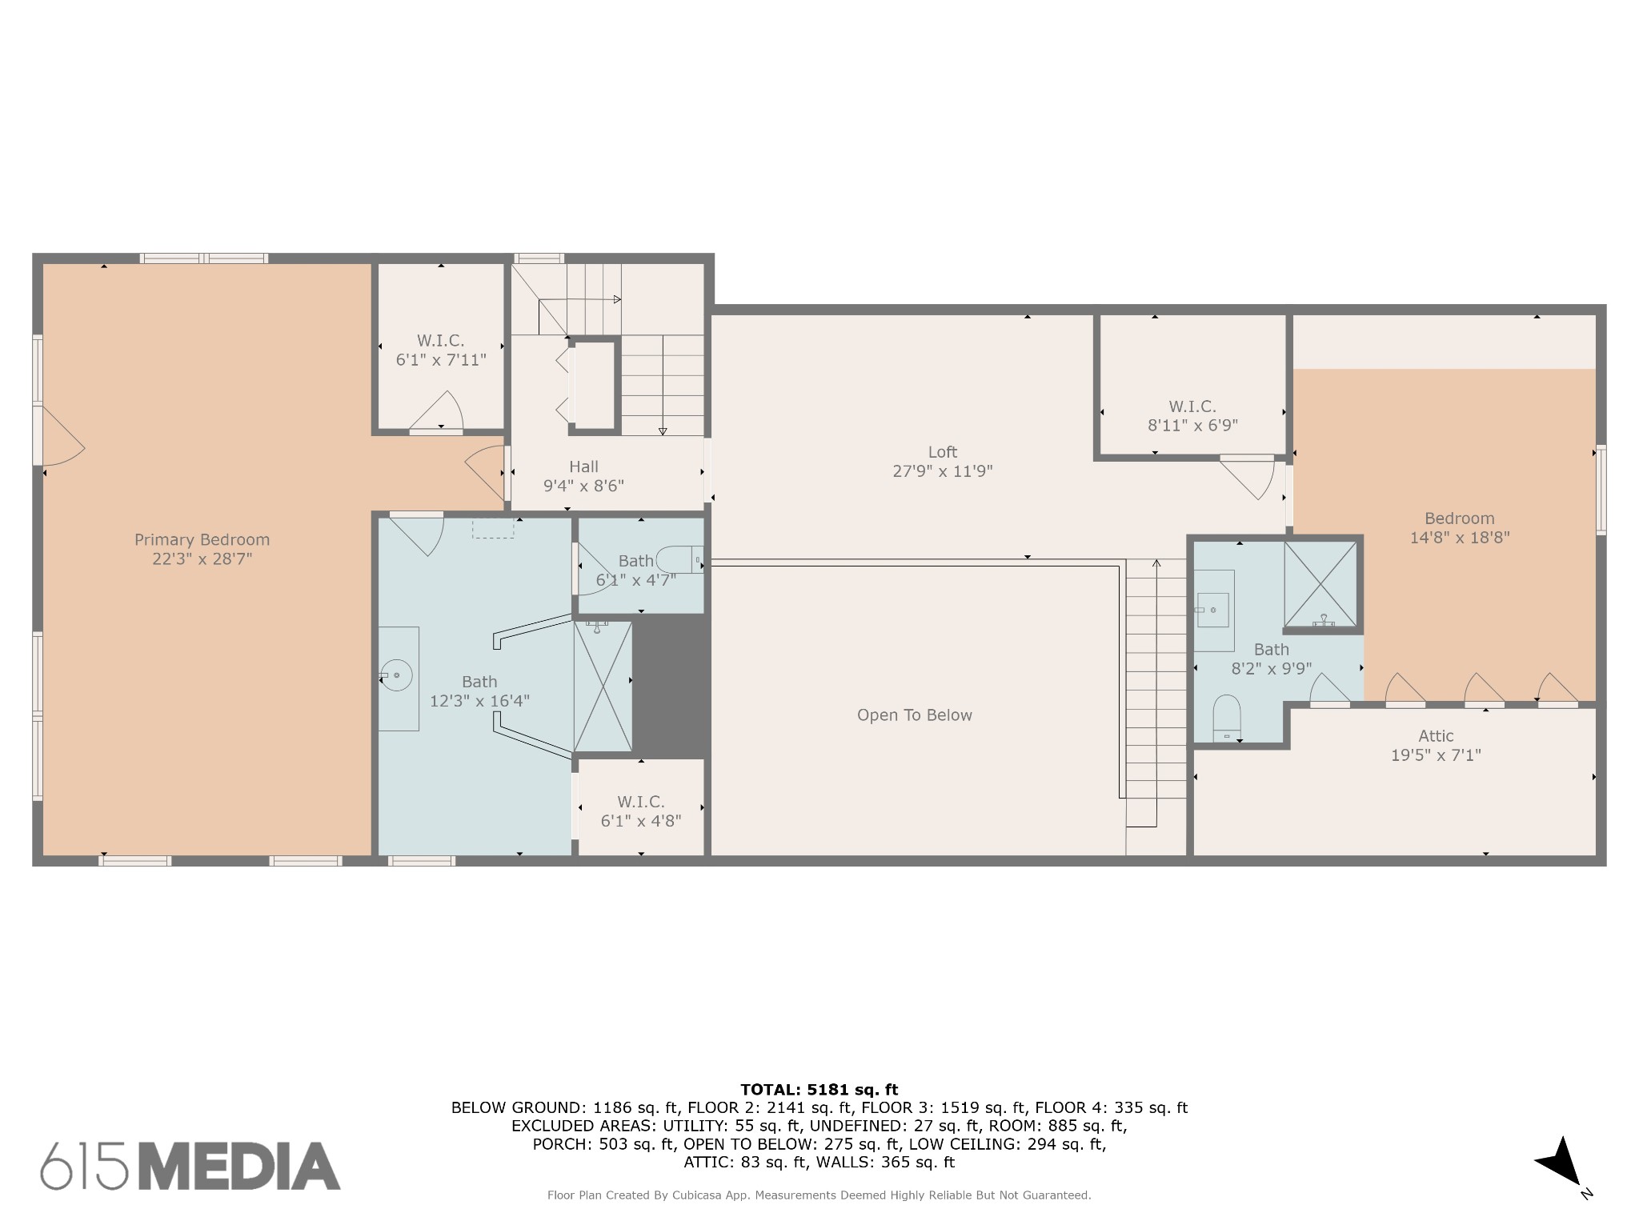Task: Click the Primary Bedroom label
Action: click(x=202, y=540)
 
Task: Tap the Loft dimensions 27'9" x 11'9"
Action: click(x=943, y=471)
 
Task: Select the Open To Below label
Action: click(x=915, y=715)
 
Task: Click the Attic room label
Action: click(x=1436, y=736)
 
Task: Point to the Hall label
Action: click(x=583, y=466)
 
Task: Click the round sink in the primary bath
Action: click(x=396, y=676)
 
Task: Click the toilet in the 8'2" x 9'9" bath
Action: click(x=1227, y=718)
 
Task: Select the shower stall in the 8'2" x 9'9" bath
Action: click(x=1320, y=584)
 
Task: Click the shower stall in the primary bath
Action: click(x=603, y=687)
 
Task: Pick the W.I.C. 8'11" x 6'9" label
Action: click(x=1192, y=416)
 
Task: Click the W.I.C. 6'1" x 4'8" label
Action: click(x=641, y=811)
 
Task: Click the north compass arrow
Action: click(x=1559, y=1163)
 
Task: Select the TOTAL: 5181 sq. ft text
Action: click(x=819, y=1090)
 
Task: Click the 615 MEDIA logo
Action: click(x=190, y=1166)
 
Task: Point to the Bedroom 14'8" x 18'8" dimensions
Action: click(x=1460, y=538)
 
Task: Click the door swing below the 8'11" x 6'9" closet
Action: click(x=1248, y=478)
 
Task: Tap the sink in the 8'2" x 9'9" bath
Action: click(x=1214, y=610)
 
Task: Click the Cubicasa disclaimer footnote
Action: click(x=819, y=1195)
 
